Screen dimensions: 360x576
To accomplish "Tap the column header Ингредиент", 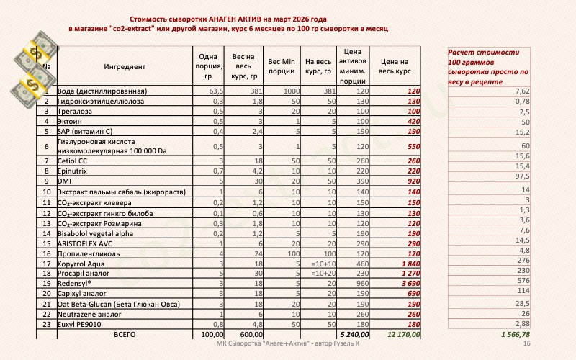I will tap(124, 67).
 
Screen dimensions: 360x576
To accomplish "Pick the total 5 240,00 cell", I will tap(351, 335).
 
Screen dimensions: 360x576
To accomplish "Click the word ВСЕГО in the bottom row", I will tap(124, 335).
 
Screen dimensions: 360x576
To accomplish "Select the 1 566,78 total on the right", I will tap(514, 335).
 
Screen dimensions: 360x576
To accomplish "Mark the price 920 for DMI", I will tap(413, 183).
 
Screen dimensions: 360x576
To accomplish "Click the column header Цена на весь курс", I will tap(395, 67).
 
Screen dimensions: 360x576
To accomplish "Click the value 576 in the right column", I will tap(523, 280).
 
